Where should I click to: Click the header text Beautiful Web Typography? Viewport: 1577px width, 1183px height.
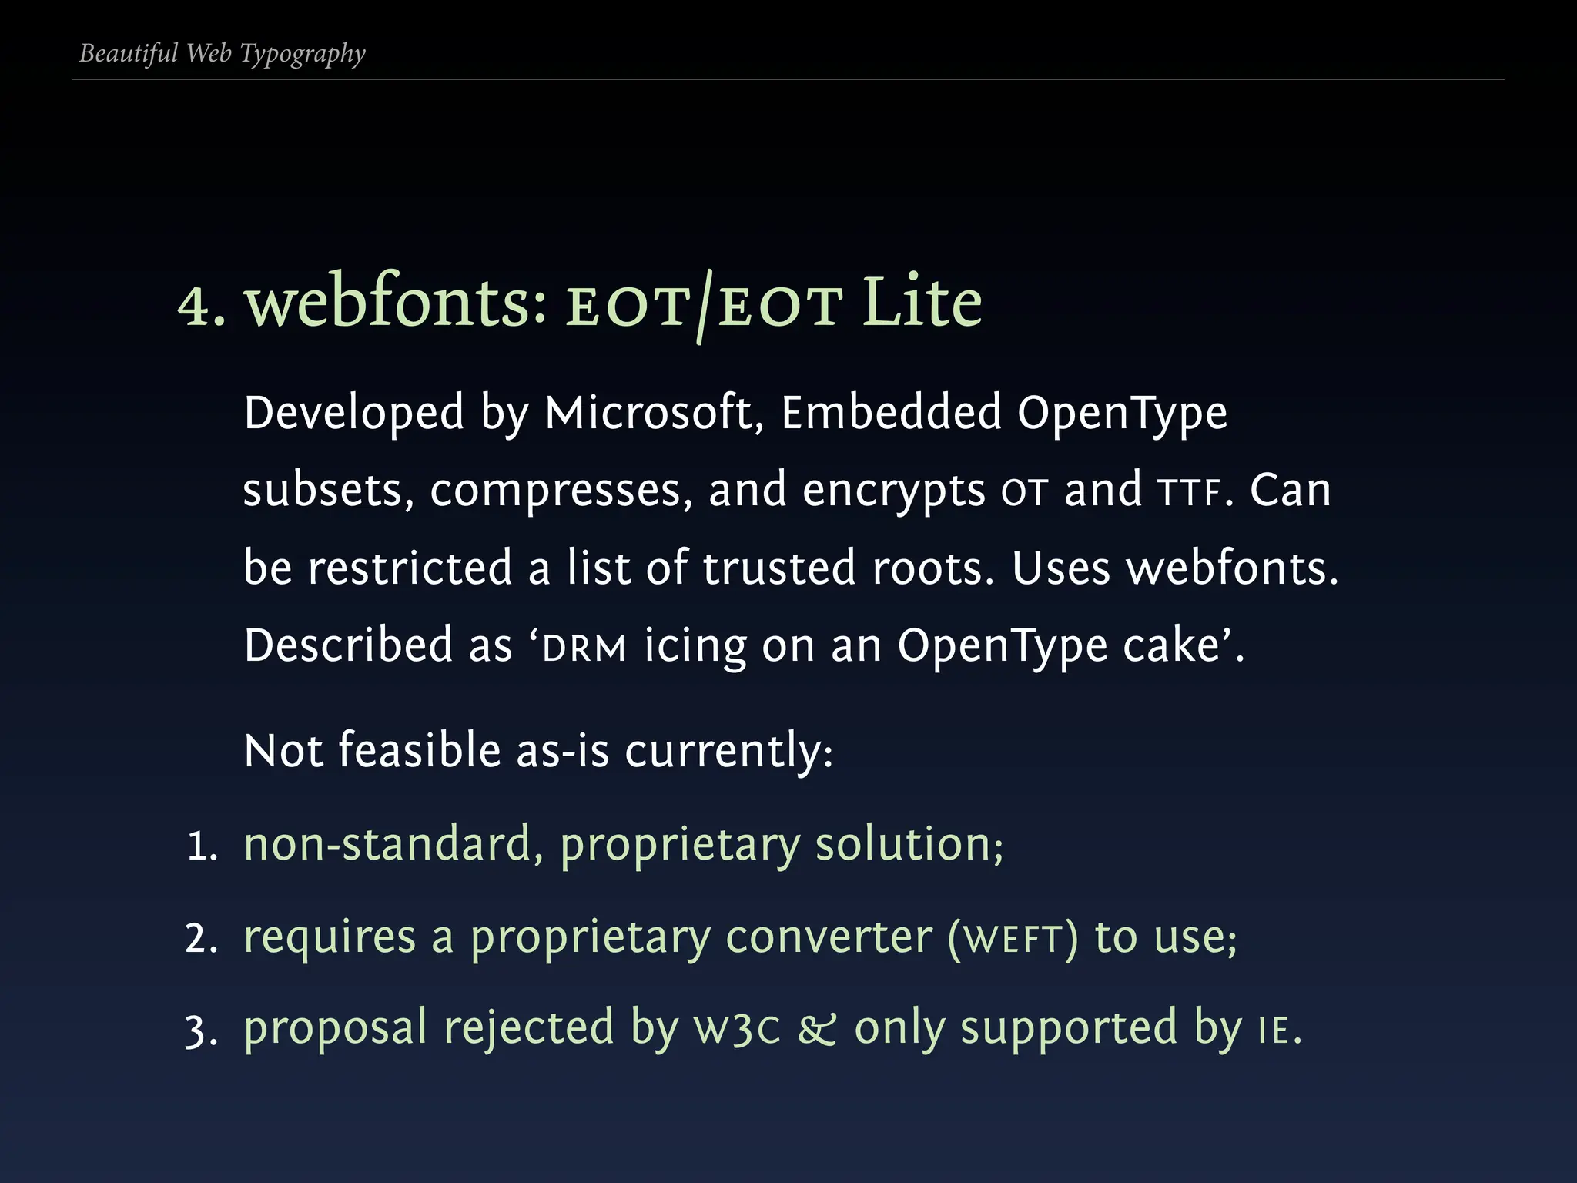pyautogui.click(x=222, y=54)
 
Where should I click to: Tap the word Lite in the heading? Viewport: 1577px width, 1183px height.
pyautogui.click(x=922, y=303)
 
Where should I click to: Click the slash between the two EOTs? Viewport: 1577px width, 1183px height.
pyautogui.click(x=702, y=306)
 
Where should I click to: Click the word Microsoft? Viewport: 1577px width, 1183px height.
pyautogui.click(x=648, y=413)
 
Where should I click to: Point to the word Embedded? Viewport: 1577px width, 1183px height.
pyautogui.click(x=891, y=413)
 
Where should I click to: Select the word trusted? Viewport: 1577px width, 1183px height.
pyautogui.click(x=778, y=568)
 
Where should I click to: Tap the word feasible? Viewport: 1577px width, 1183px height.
pyautogui.click(x=420, y=750)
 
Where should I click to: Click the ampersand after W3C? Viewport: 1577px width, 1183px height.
pyautogui.click(x=816, y=1030)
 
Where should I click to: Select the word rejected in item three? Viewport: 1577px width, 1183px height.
pyautogui.click(x=528, y=1030)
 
